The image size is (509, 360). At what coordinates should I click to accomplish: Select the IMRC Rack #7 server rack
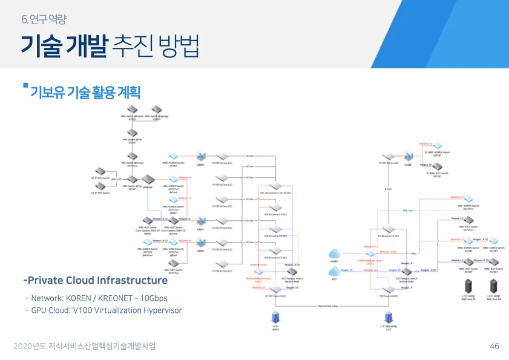point(468,284)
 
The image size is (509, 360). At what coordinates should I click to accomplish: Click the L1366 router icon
point(407,157)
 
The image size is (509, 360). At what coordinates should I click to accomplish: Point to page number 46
point(494,346)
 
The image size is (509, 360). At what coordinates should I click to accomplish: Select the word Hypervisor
point(161,310)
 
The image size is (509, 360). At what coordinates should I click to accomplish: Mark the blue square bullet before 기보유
point(25,85)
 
